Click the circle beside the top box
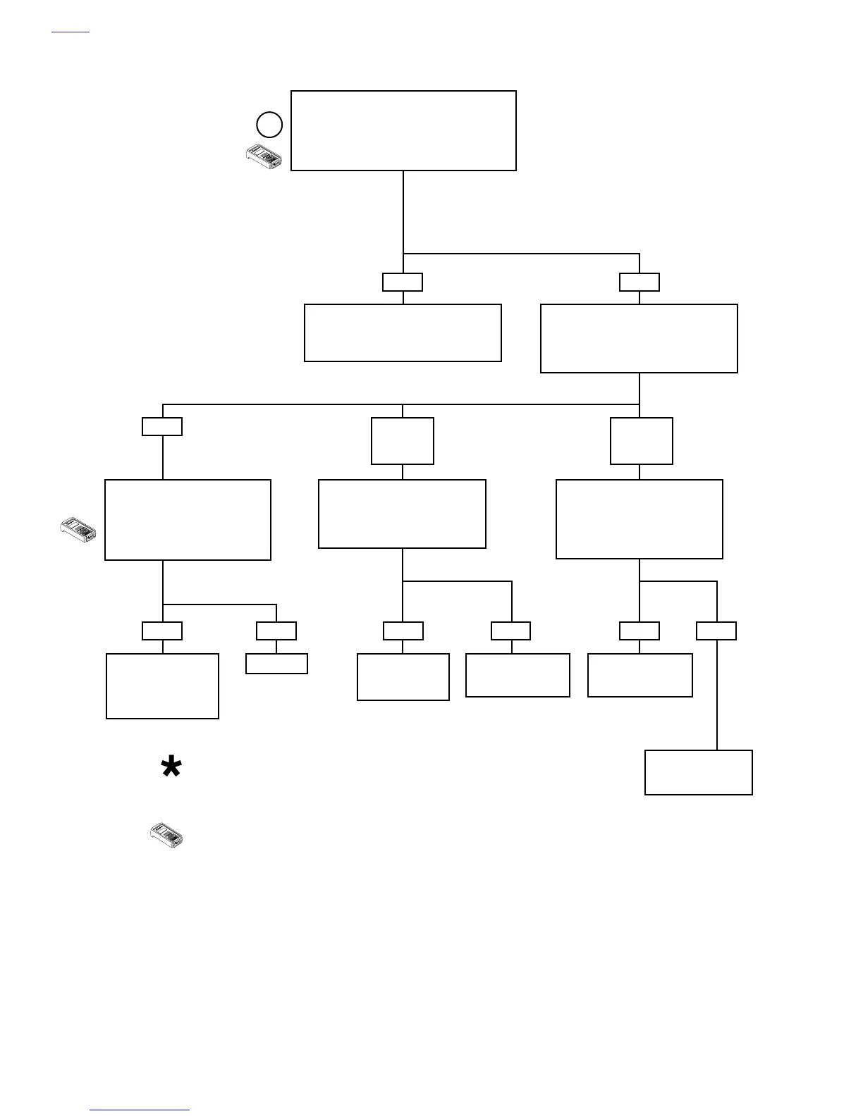pyautogui.click(x=269, y=125)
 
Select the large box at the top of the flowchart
pyautogui.click(x=403, y=130)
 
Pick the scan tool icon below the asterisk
pyautogui.click(x=167, y=835)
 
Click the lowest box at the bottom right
pyautogui.click(x=698, y=772)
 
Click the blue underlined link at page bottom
pyautogui.click(x=140, y=1110)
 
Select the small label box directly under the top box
pyautogui.click(x=403, y=282)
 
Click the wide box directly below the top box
pyautogui.click(x=403, y=333)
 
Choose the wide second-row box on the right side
pyautogui.click(x=639, y=338)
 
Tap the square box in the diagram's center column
pyautogui.click(x=403, y=441)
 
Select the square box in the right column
pyautogui.click(x=641, y=441)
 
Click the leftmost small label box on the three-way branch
pyautogui.click(x=162, y=426)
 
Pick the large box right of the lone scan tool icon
pyautogui.click(x=188, y=520)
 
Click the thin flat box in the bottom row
pyautogui.click(x=276, y=664)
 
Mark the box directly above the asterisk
pyautogui.click(x=162, y=686)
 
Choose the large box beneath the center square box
pyautogui.click(x=402, y=514)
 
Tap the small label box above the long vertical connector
pyautogui.click(x=716, y=631)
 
